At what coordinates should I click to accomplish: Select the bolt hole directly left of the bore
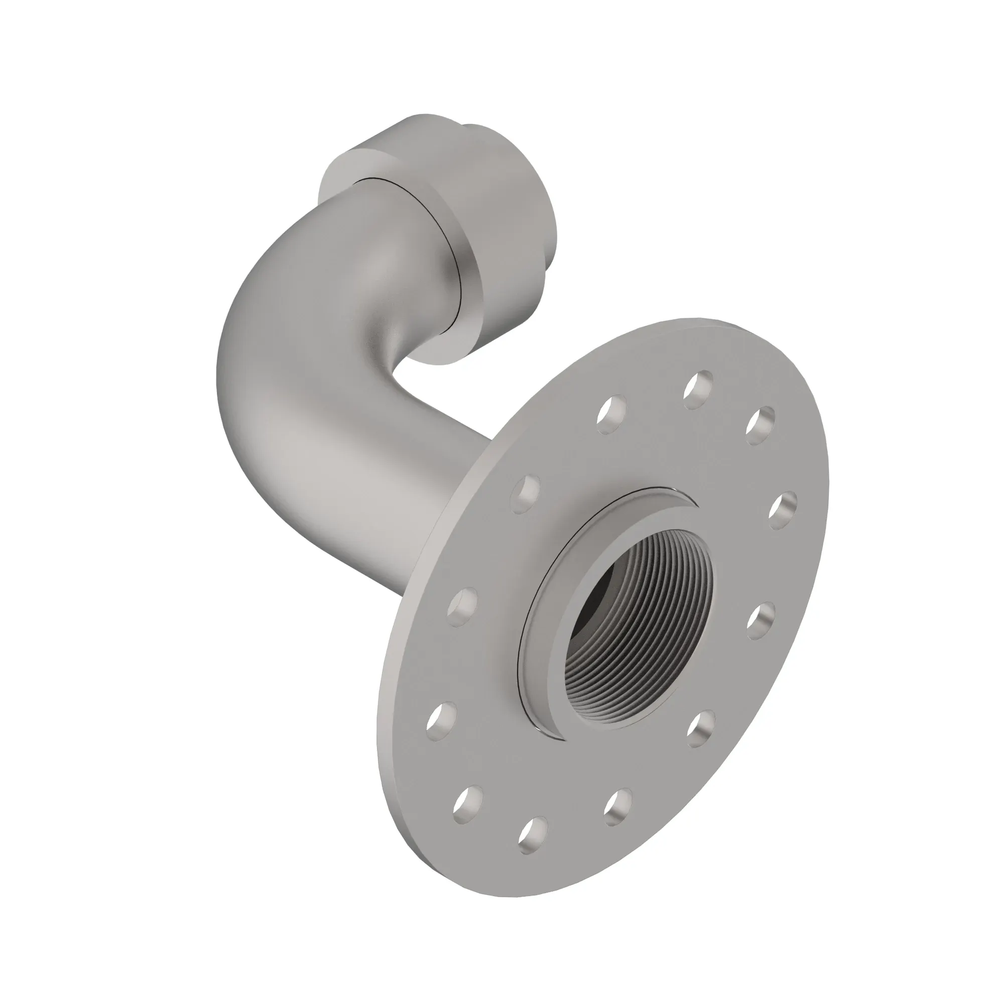point(462,607)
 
